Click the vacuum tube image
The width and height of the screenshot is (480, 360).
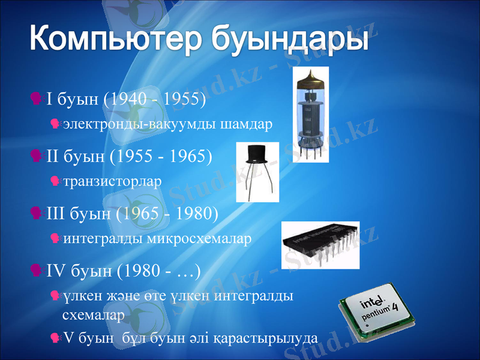[x=310, y=114]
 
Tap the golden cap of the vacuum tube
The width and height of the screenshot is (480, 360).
[x=310, y=79]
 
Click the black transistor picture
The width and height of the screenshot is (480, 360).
[x=257, y=171]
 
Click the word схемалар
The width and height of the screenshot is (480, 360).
[x=94, y=314]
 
